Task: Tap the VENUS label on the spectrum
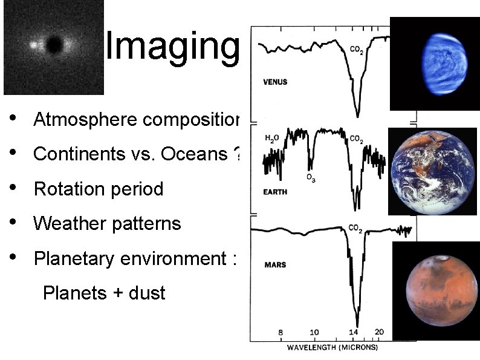coord(276,82)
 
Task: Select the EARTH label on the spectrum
coord(275,192)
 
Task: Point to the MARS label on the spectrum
coord(275,265)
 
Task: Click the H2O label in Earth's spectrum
coord(272,139)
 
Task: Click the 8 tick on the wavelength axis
coord(281,332)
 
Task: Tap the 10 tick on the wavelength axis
coord(314,332)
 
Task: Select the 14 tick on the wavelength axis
coord(354,332)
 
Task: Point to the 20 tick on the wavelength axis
coord(380,332)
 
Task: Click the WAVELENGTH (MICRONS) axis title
coord(332,348)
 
